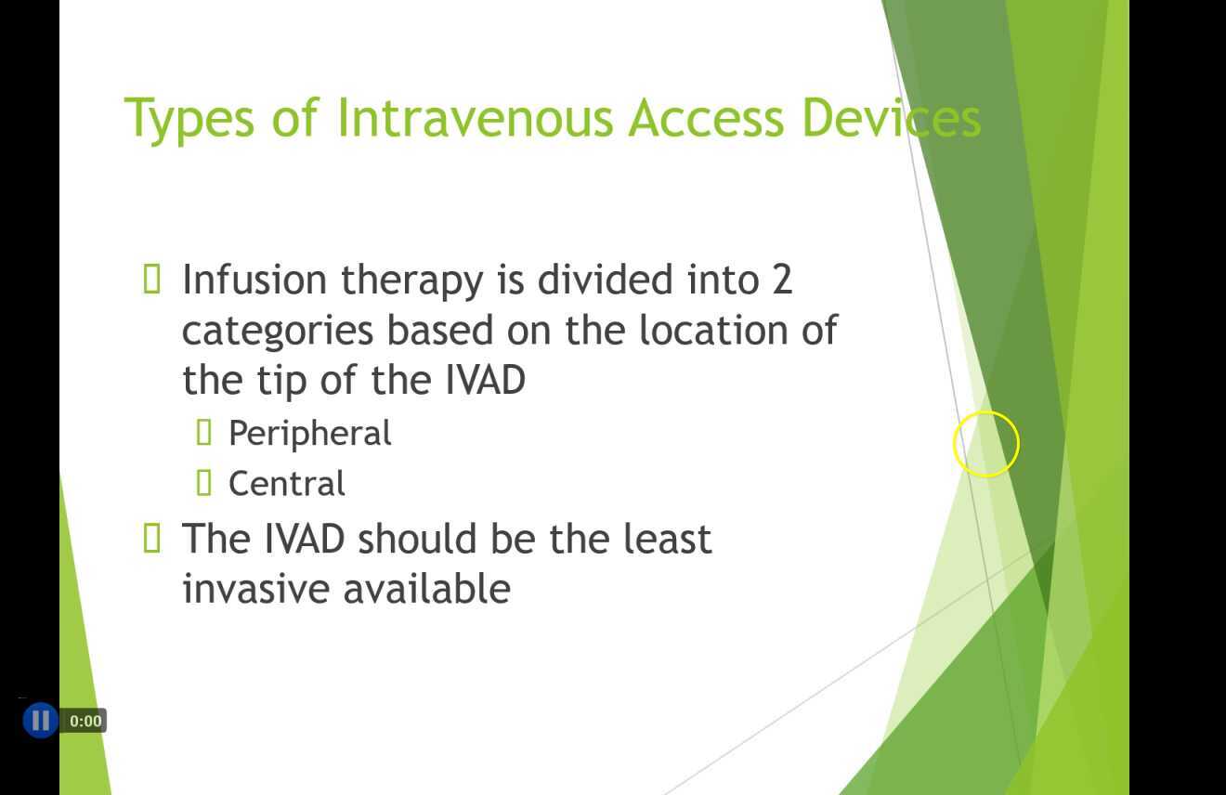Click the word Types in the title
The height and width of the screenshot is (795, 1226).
point(188,119)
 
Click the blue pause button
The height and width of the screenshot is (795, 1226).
point(40,720)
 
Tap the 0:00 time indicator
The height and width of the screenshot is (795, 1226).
point(85,721)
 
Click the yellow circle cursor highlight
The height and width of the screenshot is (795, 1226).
point(986,444)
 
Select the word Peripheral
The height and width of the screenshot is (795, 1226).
point(309,434)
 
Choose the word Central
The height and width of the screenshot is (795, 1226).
point(286,484)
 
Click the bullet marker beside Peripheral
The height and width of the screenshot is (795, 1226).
point(205,432)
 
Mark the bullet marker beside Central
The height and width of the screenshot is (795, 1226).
point(205,482)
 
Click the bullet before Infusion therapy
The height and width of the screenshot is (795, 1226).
point(153,279)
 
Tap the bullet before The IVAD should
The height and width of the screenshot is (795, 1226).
point(153,538)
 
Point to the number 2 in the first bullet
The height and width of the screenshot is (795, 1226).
point(781,280)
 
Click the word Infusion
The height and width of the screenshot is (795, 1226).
point(254,280)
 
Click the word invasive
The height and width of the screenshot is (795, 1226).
point(256,589)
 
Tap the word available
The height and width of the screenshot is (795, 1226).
point(427,589)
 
